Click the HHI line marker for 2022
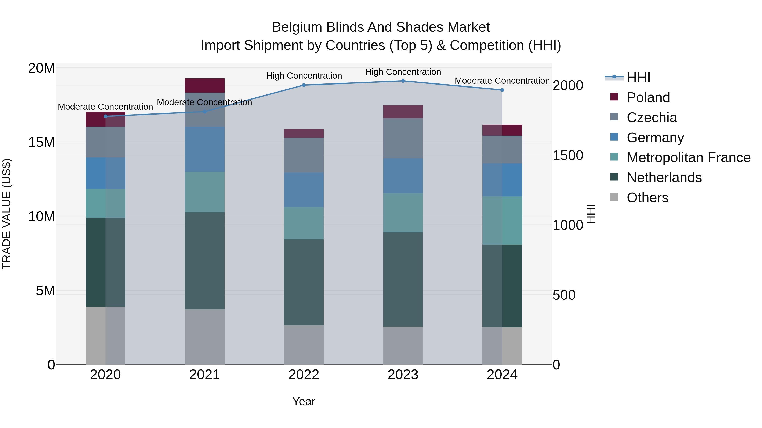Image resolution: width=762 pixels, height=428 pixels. (x=304, y=85)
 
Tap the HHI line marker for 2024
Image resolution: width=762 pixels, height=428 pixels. (x=502, y=90)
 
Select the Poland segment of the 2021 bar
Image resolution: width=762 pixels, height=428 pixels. (x=204, y=85)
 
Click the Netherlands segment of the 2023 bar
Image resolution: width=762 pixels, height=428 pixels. (x=403, y=279)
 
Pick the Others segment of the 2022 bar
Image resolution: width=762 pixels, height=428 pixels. (x=304, y=345)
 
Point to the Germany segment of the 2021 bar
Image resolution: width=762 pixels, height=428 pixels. (x=204, y=149)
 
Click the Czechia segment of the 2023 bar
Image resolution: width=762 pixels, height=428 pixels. (x=403, y=138)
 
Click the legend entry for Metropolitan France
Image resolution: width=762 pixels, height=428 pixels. (x=688, y=157)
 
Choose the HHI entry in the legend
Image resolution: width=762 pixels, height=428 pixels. (x=638, y=77)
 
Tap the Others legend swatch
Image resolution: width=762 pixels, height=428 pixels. (x=614, y=197)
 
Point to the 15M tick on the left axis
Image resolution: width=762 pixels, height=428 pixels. (x=41, y=142)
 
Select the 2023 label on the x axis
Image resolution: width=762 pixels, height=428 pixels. (x=403, y=375)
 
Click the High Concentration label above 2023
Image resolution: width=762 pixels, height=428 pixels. (x=403, y=72)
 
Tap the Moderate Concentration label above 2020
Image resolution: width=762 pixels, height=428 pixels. (x=105, y=107)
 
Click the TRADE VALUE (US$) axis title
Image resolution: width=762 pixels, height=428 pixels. (x=7, y=214)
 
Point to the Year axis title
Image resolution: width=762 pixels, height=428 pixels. (x=304, y=401)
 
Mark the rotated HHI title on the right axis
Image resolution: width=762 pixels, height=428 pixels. (x=591, y=214)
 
